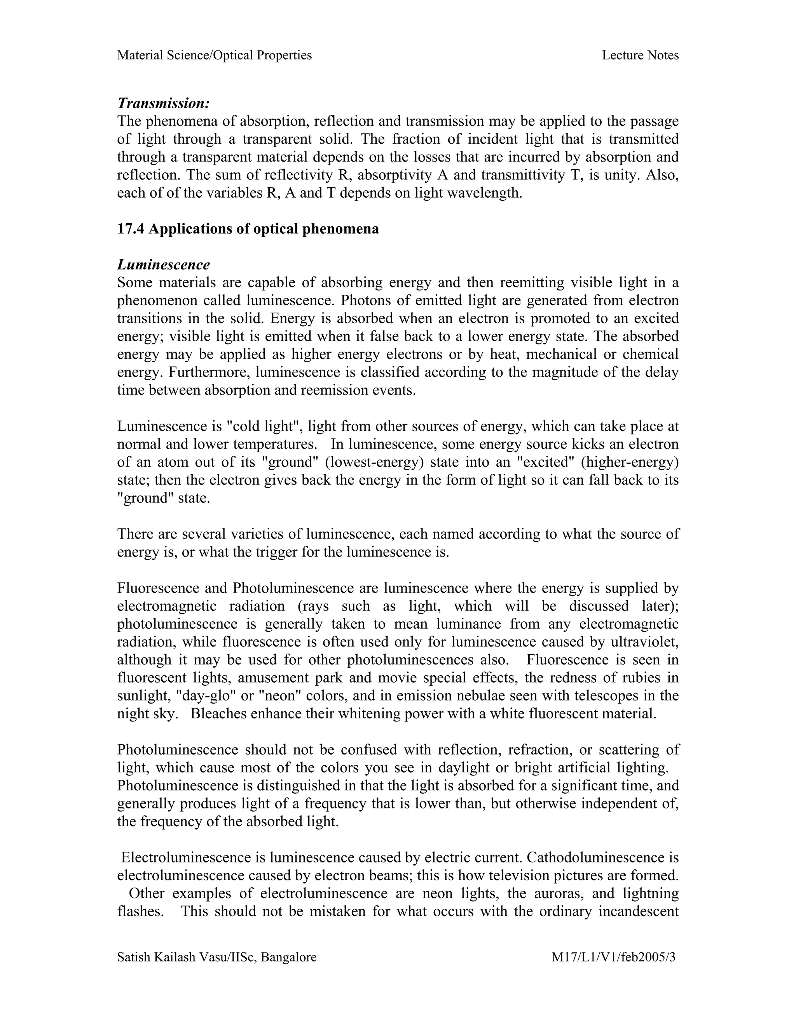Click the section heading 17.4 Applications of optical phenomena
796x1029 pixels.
[248, 229]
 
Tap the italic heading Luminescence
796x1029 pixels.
[163, 264]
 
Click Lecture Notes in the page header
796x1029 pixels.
[640, 55]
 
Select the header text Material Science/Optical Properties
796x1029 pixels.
[215, 55]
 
